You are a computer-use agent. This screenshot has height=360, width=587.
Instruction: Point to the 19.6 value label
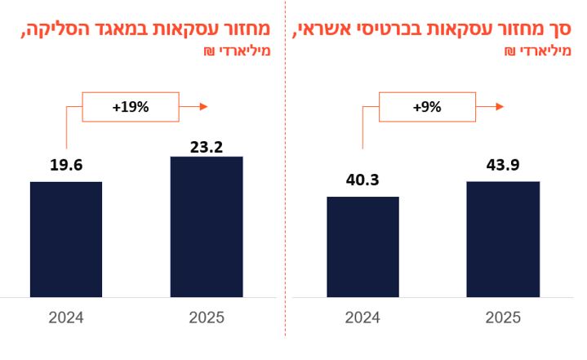66,166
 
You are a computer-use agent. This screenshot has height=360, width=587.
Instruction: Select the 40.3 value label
362,180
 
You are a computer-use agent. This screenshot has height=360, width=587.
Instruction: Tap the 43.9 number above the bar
503,165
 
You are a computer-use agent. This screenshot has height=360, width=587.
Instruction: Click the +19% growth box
131,106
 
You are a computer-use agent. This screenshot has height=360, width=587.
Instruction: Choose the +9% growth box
427,106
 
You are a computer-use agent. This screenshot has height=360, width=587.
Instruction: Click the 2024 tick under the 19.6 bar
66,318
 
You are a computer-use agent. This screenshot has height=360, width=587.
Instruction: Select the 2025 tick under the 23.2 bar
207,318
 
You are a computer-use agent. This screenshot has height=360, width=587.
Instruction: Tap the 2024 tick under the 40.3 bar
362,318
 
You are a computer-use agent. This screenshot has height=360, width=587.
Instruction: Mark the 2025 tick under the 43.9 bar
503,318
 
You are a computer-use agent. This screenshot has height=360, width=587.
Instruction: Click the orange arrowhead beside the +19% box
203,106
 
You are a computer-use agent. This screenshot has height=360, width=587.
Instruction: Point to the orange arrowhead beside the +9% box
500,106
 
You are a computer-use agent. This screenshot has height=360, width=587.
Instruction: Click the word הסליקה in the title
48,31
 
